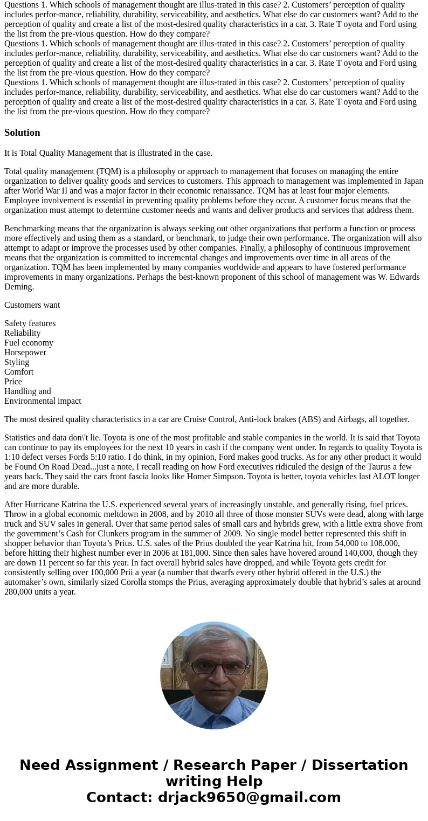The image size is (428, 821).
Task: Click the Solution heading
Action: [22, 133]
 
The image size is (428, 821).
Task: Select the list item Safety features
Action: [30, 323]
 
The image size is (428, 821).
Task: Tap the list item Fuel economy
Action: [29, 343]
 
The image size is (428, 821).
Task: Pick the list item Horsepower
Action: [25, 353]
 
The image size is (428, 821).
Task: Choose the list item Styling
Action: [17, 362]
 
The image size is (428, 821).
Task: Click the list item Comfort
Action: [19, 372]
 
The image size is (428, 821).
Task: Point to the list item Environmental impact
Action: [43, 401]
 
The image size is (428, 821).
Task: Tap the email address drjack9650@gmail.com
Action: [249, 797]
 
